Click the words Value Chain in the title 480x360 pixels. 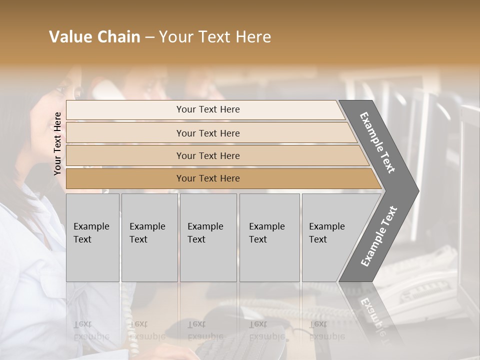pyautogui.click(x=94, y=37)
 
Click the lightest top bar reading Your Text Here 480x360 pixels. pyautogui.click(x=207, y=109)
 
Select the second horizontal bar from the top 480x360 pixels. pyautogui.click(x=207, y=133)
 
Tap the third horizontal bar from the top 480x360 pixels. pyautogui.click(x=207, y=155)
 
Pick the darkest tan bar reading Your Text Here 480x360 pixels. pyautogui.click(x=207, y=178)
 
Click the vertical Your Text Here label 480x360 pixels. pyautogui.click(x=58, y=143)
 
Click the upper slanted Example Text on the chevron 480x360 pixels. pyautogui.click(x=377, y=142)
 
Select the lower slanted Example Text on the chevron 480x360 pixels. pyautogui.click(x=379, y=236)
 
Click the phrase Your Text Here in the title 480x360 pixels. pyautogui.click(x=215, y=37)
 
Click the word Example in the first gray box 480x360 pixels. pyautogui.click(x=91, y=226)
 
